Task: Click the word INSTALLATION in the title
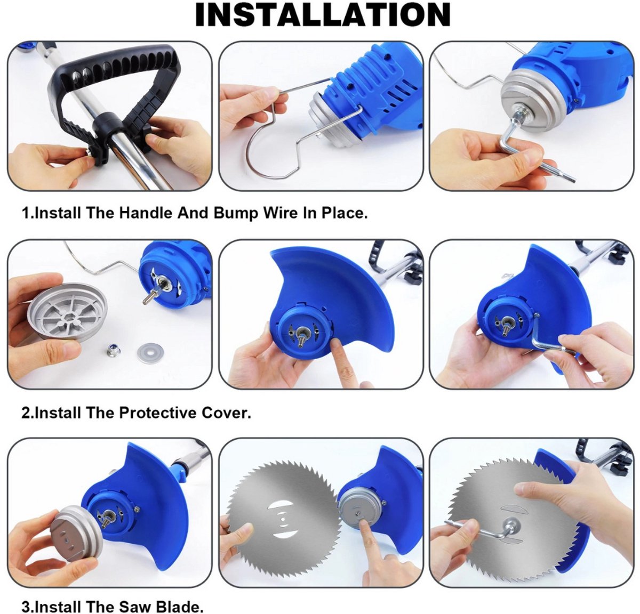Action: click(x=323, y=15)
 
